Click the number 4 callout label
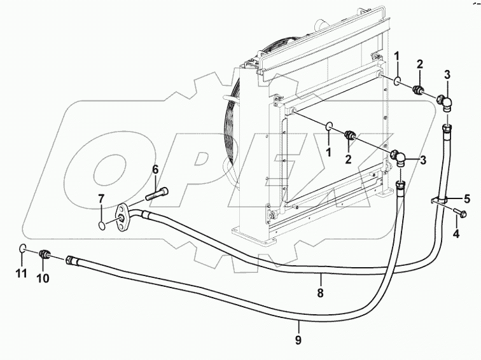click(x=456, y=233)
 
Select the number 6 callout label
click(x=155, y=170)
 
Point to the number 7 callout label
click(x=101, y=200)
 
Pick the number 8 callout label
click(x=321, y=293)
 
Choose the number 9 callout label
click(x=298, y=340)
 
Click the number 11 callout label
click(x=22, y=274)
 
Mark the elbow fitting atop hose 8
click(x=445, y=101)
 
